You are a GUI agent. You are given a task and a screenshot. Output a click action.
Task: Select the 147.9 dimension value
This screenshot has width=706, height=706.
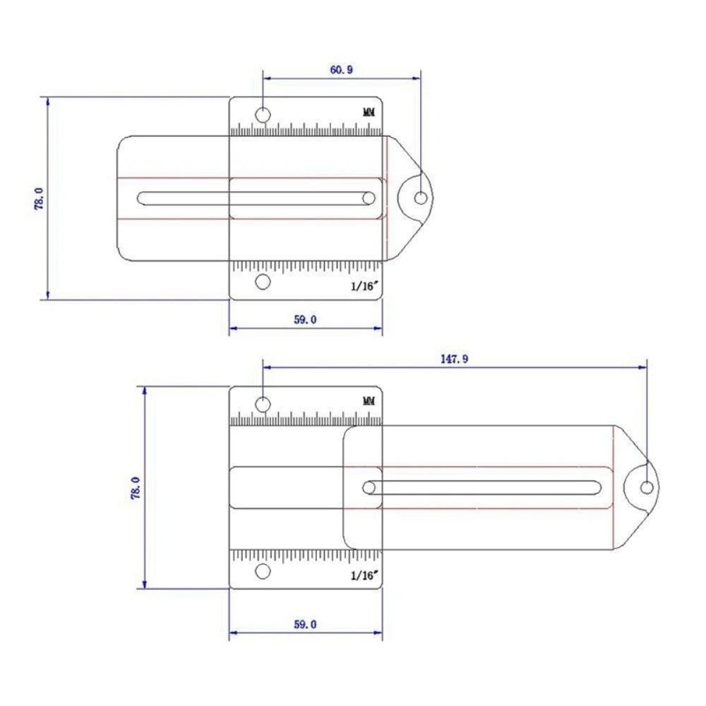454,359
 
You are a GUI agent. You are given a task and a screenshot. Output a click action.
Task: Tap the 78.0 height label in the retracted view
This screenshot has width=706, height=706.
39,198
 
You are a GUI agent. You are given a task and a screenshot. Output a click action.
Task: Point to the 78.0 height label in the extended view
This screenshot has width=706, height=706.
136,488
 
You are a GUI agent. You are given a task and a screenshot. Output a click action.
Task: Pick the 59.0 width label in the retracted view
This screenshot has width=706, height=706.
305,320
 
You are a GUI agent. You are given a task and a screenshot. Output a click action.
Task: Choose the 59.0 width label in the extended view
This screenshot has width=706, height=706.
305,624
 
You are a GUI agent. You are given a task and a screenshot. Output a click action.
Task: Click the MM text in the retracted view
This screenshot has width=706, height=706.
369,112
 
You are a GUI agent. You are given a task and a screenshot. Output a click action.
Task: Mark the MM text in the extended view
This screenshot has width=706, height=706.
369,401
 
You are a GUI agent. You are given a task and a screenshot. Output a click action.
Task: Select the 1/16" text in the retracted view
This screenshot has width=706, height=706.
365,286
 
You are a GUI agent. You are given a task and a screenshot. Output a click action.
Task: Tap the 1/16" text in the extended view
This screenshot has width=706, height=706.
365,575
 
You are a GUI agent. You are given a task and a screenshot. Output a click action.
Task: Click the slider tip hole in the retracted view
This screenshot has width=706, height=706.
421,198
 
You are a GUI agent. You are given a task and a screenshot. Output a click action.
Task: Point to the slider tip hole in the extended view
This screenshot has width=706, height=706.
647,487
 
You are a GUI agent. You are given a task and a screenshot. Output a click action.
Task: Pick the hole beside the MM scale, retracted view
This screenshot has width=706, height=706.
263,114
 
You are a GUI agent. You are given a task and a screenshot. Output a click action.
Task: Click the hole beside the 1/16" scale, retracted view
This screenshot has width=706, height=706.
263,282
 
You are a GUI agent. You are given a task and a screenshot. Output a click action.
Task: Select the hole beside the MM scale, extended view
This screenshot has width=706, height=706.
263,404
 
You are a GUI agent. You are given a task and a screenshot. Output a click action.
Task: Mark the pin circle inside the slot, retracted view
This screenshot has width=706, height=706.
369,198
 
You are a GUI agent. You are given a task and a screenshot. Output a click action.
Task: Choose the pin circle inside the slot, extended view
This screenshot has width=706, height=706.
369,487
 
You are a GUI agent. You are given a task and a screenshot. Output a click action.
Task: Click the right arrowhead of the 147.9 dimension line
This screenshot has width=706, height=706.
643,367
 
